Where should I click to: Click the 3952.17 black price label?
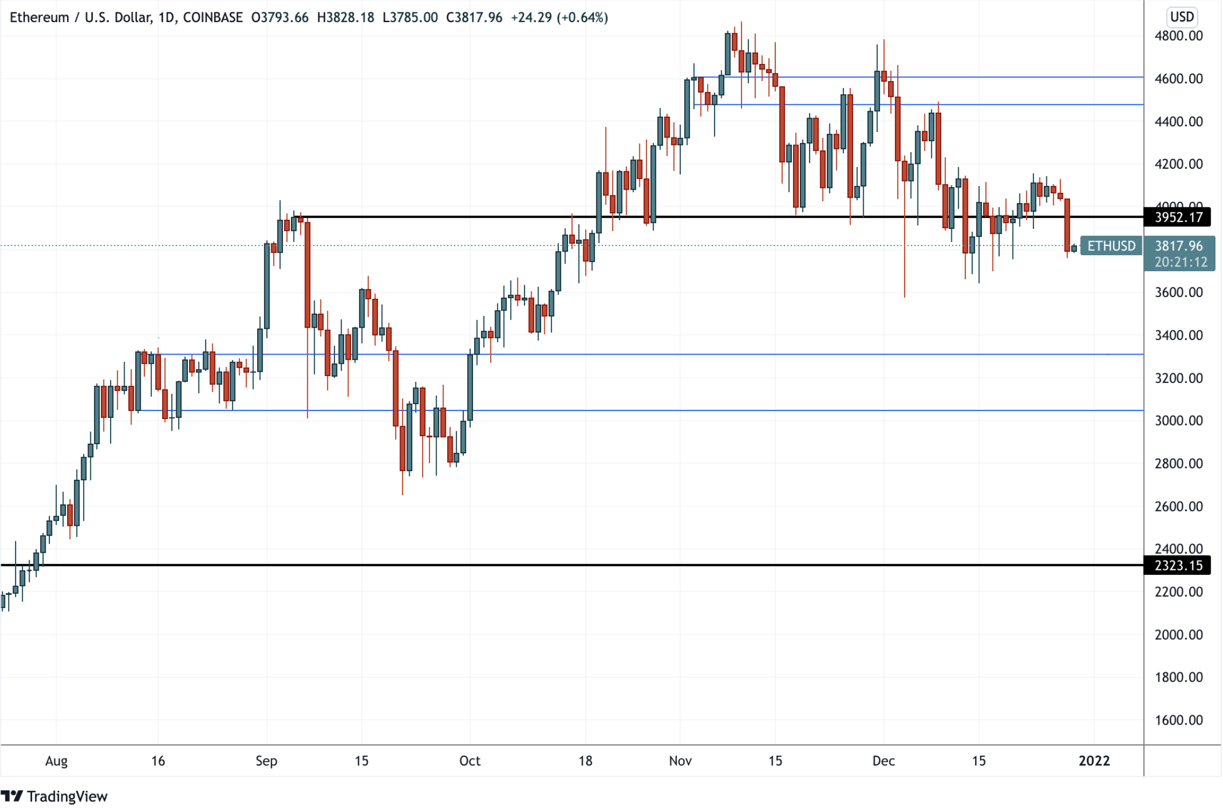point(1178,217)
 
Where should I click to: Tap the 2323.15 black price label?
point(1178,566)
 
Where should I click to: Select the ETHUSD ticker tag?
point(1111,246)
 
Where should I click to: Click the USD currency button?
point(1182,17)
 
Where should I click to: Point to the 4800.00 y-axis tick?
point(1178,36)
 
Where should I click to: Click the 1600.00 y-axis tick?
point(1178,720)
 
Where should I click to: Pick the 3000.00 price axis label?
point(1178,421)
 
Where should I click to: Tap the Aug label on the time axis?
point(56,761)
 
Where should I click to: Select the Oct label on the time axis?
point(470,761)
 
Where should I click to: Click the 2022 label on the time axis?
point(1094,761)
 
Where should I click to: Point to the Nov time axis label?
point(680,761)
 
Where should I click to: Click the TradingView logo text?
point(67,797)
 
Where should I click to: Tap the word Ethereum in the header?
point(39,17)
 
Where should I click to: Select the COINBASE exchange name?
point(213,17)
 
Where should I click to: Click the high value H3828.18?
point(345,17)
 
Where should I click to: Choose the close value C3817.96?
point(474,17)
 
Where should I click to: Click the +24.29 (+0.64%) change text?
point(559,17)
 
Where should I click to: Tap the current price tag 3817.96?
point(1179,246)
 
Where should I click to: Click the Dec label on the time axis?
point(883,761)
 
